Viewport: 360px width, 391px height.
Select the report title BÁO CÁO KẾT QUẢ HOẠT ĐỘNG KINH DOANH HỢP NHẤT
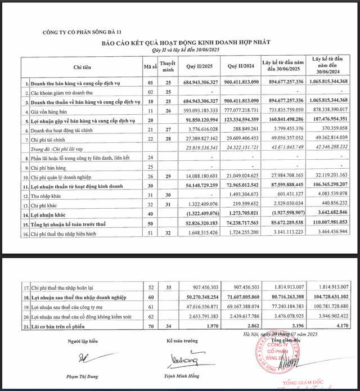(179, 43)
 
